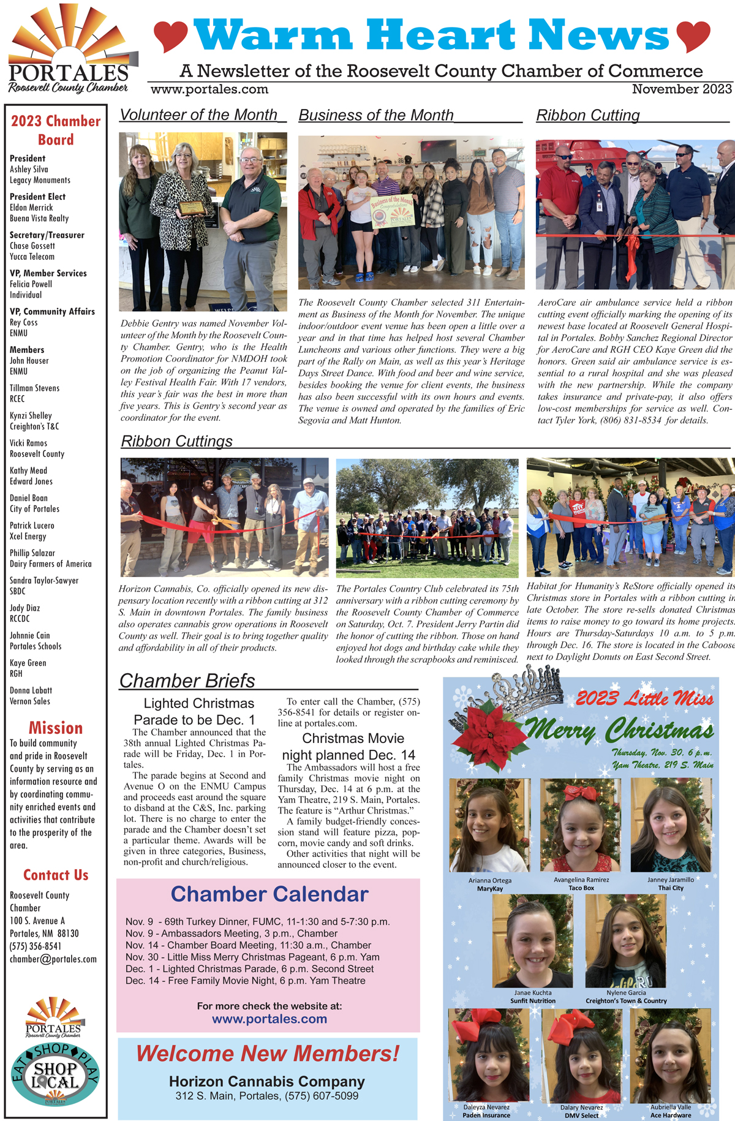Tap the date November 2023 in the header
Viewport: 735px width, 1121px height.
(682, 89)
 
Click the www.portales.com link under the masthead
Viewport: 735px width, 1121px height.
(209, 89)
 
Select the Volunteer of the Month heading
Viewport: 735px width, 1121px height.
(198, 115)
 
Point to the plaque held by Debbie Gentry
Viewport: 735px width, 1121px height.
(192, 208)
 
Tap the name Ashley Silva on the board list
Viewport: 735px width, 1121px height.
(29, 170)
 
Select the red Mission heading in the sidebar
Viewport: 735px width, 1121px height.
(55, 728)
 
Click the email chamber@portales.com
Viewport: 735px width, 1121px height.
(53, 959)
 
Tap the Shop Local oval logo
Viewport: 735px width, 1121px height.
(55, 1076)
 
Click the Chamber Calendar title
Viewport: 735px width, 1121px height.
(269, 894)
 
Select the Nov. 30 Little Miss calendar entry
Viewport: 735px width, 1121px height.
(252, 957)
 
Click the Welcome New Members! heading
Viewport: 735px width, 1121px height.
(268, 1054)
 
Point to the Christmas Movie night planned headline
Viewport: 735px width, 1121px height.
(349, 747)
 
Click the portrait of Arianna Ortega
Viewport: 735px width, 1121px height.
(489, 825)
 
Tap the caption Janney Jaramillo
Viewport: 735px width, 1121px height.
(671, 880)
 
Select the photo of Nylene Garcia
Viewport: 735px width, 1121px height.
(625, 941)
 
